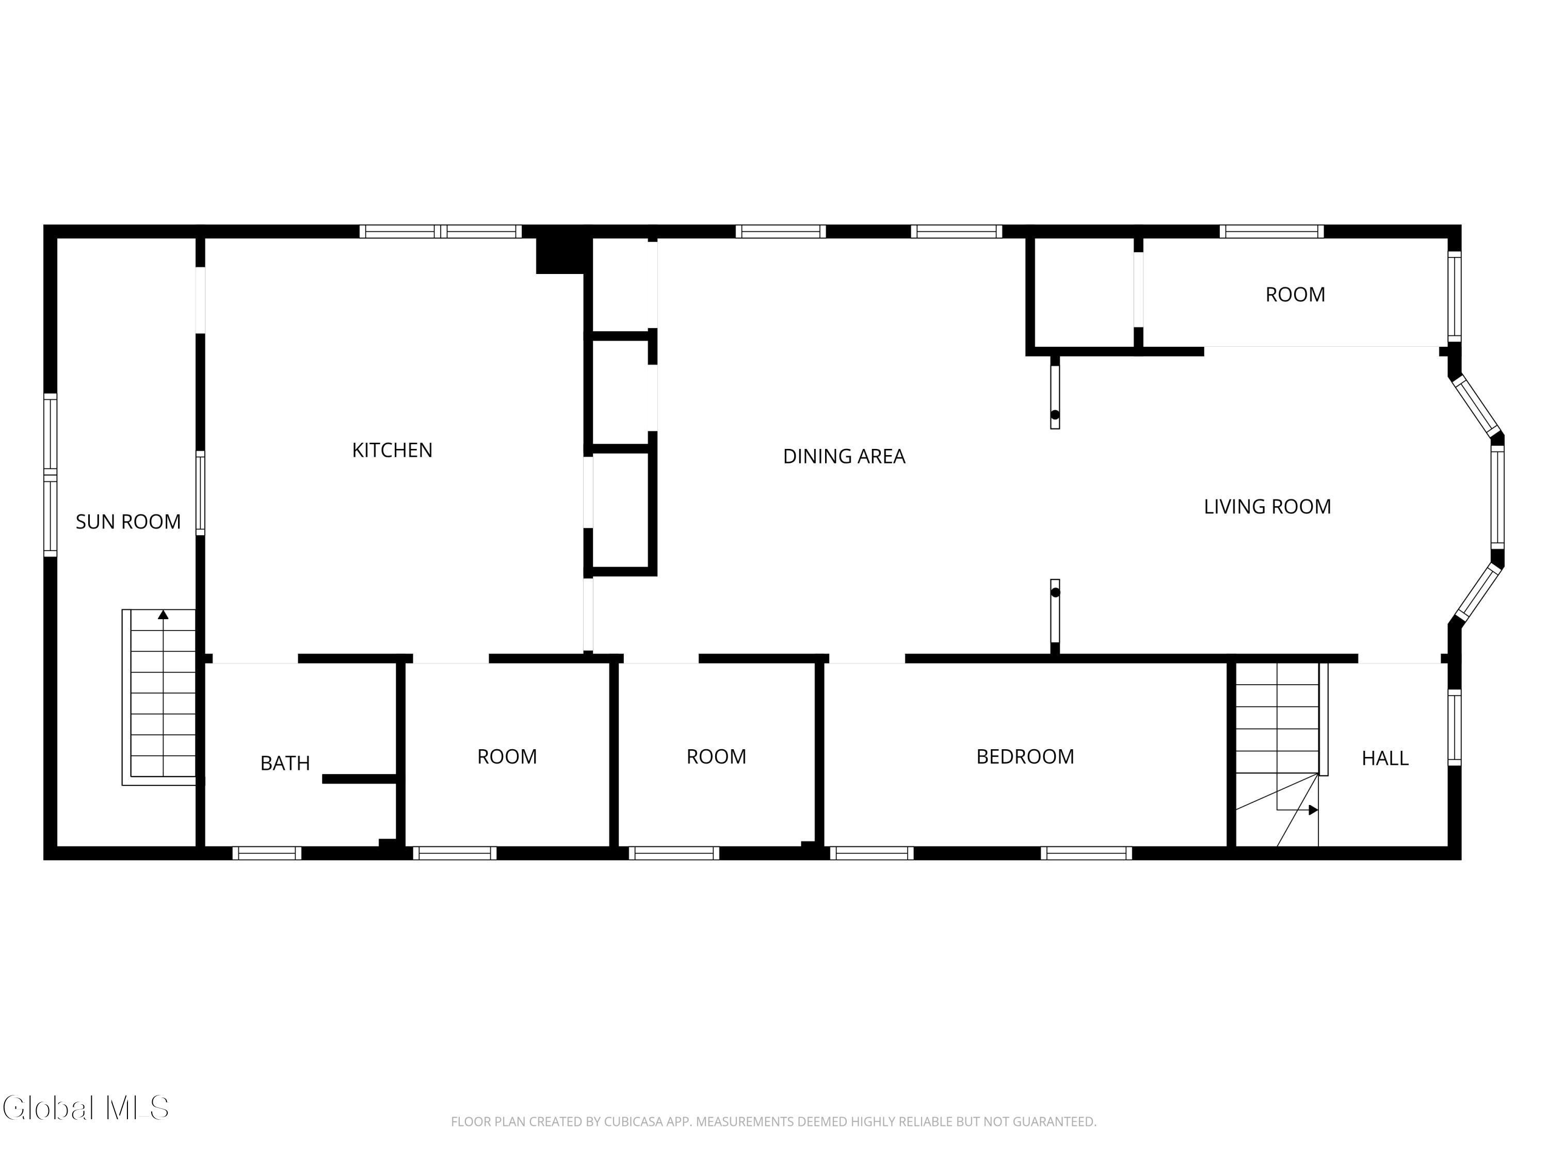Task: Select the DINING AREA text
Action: pos(844,456)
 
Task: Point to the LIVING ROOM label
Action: pos(1267,507)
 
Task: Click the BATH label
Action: pos(285,763)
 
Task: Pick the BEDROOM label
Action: pos(1025,756)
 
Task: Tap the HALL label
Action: pos(1385,758)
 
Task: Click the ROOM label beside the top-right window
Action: pos(1295,295)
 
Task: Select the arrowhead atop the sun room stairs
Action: pos(163,615)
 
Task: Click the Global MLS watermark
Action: pos(85,1108)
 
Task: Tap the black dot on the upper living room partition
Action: pos(1055,415)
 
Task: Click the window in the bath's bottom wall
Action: pos(267,853)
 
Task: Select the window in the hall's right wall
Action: pos(1454,728)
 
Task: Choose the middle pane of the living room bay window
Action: pos(1497,497)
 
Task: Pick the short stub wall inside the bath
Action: pos(360,779)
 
